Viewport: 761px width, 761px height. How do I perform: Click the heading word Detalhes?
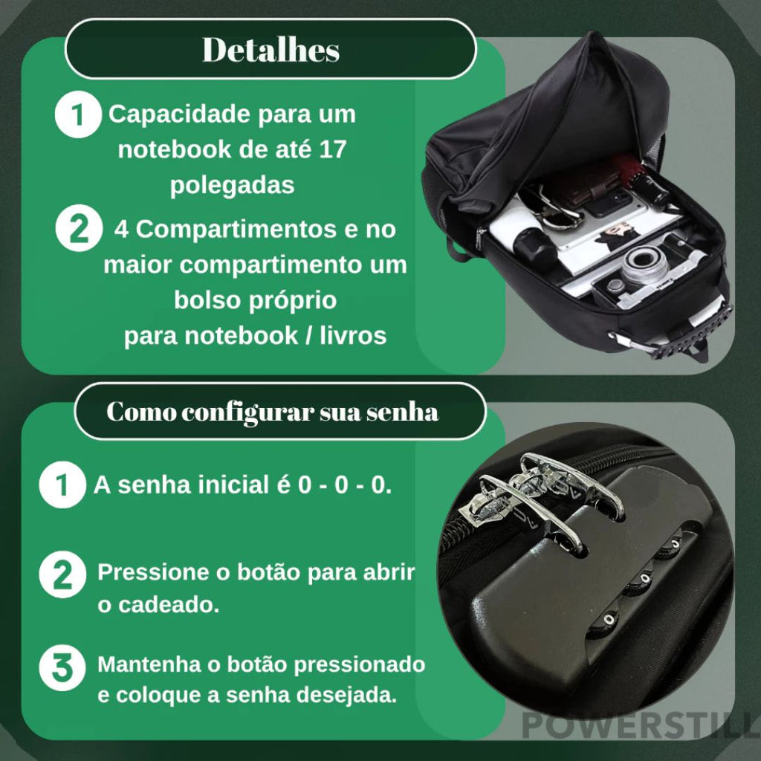(271, 50)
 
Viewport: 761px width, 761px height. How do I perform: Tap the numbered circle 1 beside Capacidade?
(77, 114)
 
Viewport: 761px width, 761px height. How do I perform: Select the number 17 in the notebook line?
(332, 149)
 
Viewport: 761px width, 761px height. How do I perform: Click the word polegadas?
(232, 185)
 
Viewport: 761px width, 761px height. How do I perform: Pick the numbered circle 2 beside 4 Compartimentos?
(79, 229)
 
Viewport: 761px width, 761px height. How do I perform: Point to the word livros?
(353, 335)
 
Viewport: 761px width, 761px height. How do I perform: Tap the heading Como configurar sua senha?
(272, 412)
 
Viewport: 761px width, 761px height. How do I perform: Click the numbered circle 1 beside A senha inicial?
(62, 485)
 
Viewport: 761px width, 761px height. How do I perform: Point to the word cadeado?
(169, 605)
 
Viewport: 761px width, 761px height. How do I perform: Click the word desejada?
(346, 695)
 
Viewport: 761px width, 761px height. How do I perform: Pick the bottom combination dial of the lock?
(609, 621)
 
